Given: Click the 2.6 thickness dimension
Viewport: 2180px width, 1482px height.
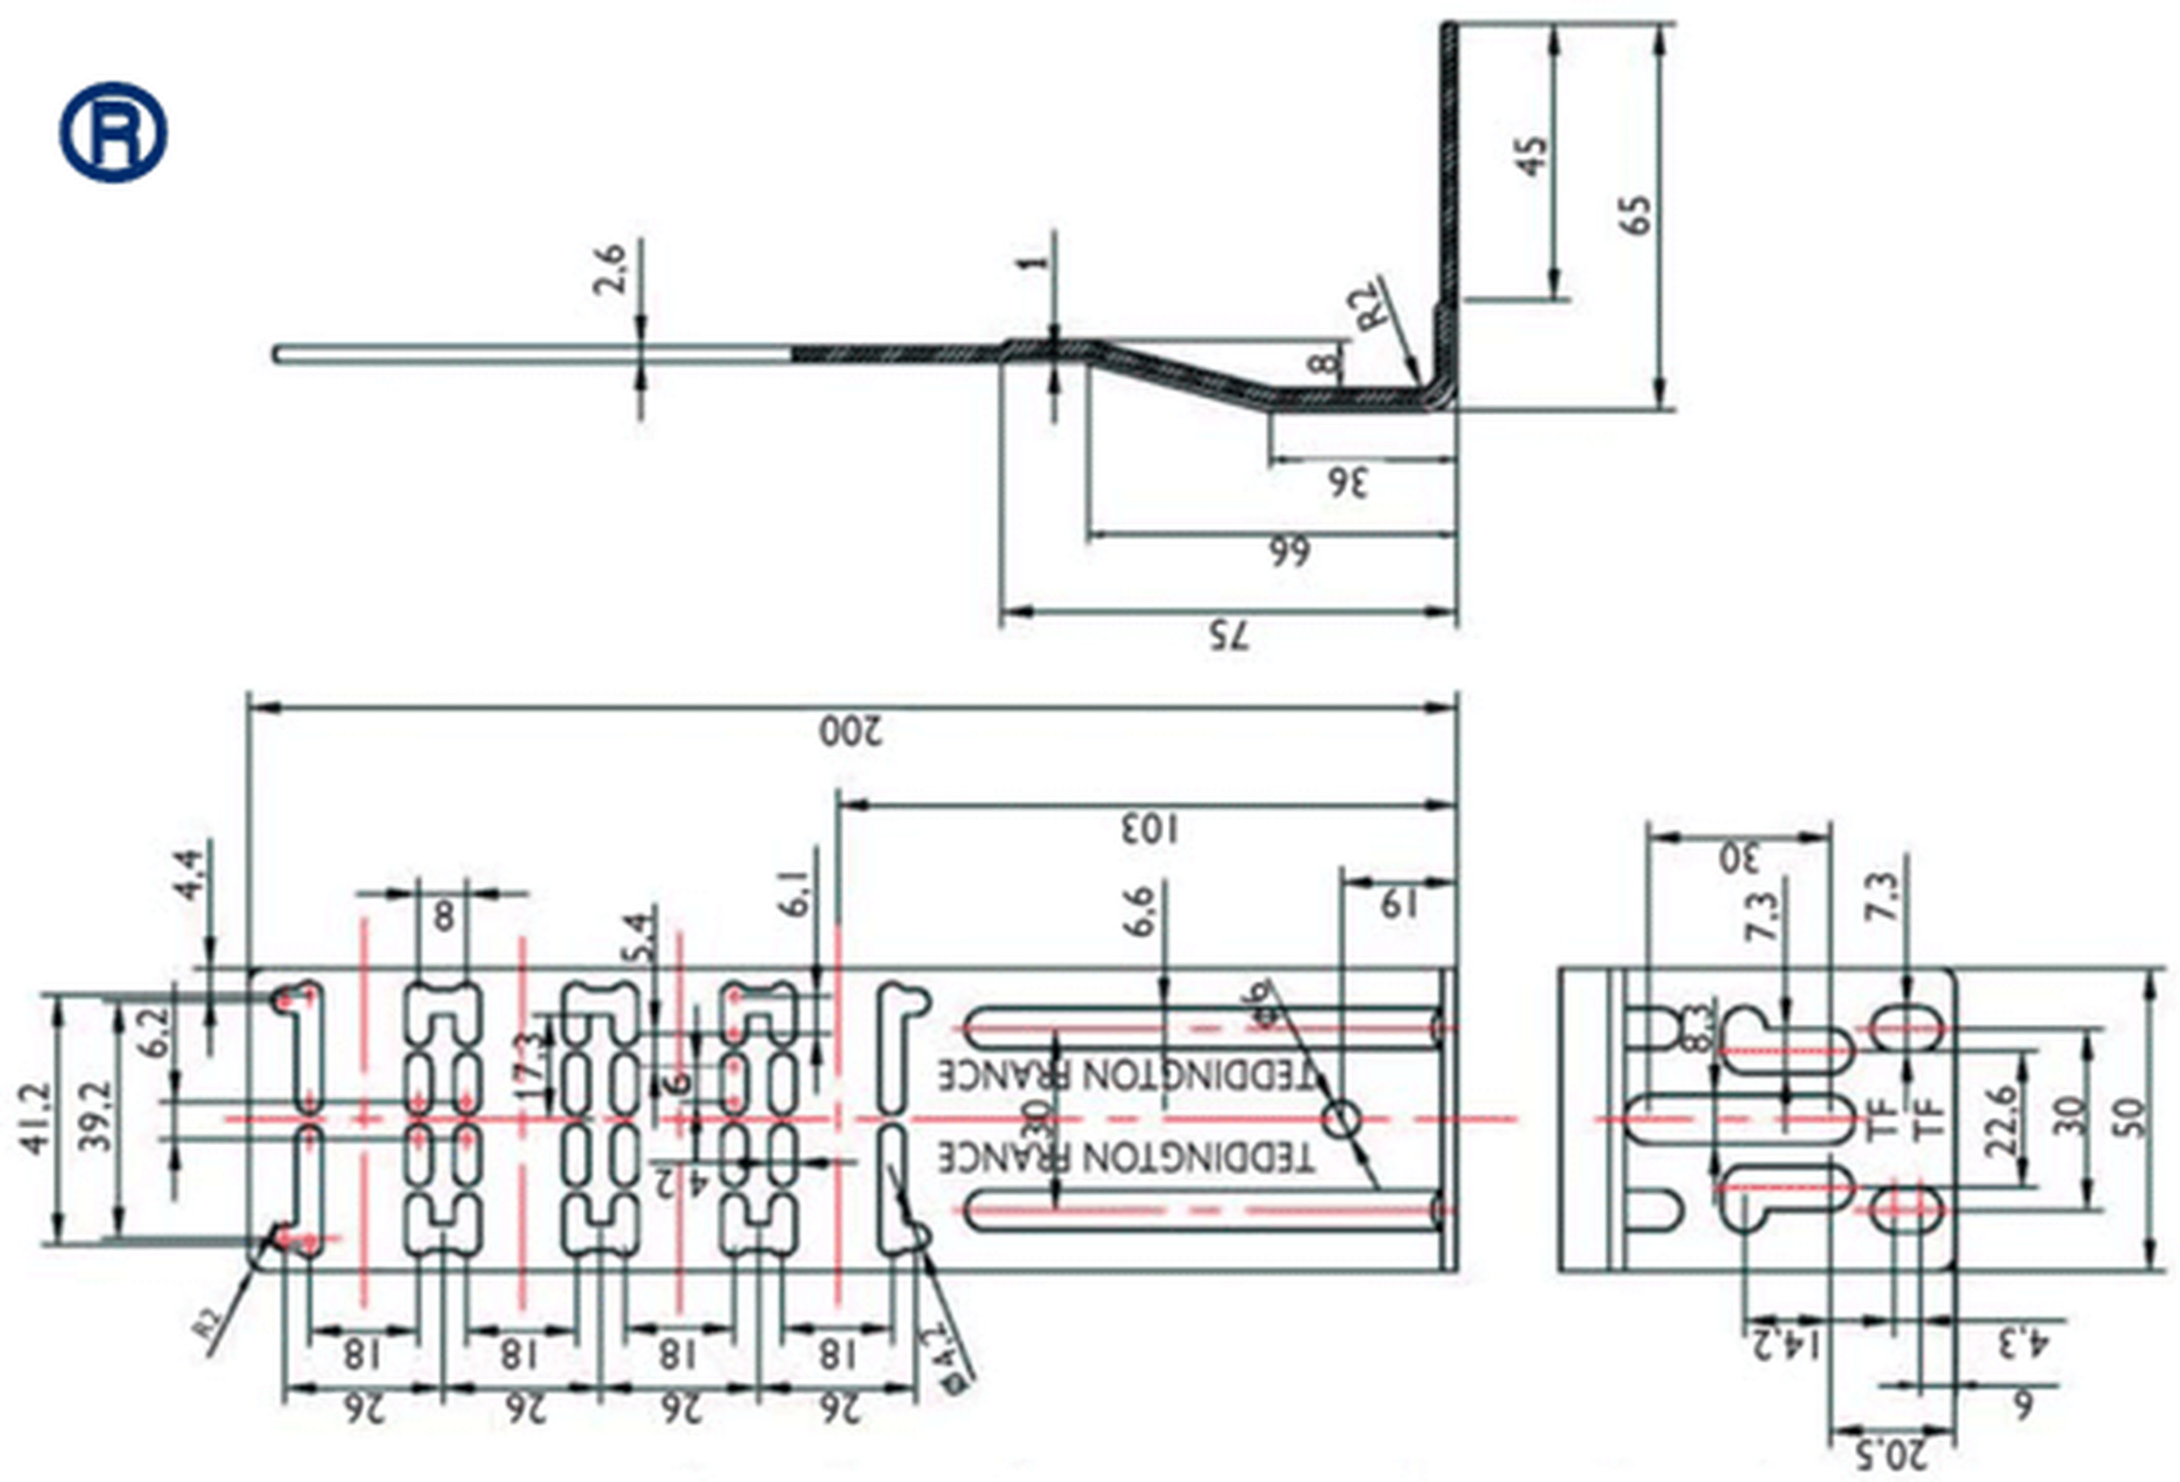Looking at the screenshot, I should tap(610, 269).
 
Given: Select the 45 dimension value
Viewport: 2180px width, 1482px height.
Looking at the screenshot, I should tap(1532, 156).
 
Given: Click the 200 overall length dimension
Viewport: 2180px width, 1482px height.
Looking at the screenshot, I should tap(851, 731).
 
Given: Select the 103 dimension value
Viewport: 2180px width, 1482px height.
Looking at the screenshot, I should tap(1151, 828).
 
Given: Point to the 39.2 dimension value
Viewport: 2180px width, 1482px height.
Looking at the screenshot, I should tap(96, 1116).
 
